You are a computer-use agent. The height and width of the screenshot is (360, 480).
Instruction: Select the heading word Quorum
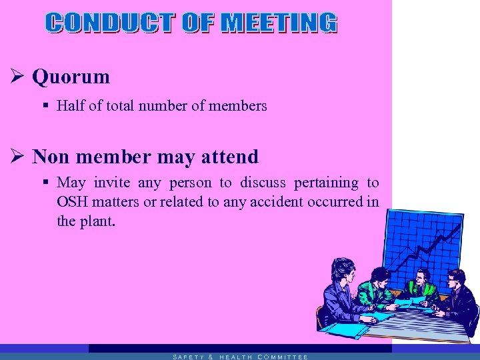71,77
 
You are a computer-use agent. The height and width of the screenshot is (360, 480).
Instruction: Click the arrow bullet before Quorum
19,77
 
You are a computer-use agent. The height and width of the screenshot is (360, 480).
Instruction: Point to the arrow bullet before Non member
19,157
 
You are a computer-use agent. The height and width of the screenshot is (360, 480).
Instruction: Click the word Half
69,105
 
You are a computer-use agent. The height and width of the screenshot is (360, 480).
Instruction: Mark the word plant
97,221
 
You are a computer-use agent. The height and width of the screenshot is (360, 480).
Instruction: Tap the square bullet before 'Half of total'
45,105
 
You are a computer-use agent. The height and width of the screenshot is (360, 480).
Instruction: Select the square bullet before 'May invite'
45,183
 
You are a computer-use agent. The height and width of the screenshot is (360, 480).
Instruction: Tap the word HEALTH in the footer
235,357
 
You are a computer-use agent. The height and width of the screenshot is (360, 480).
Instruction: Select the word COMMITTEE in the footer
282,357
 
